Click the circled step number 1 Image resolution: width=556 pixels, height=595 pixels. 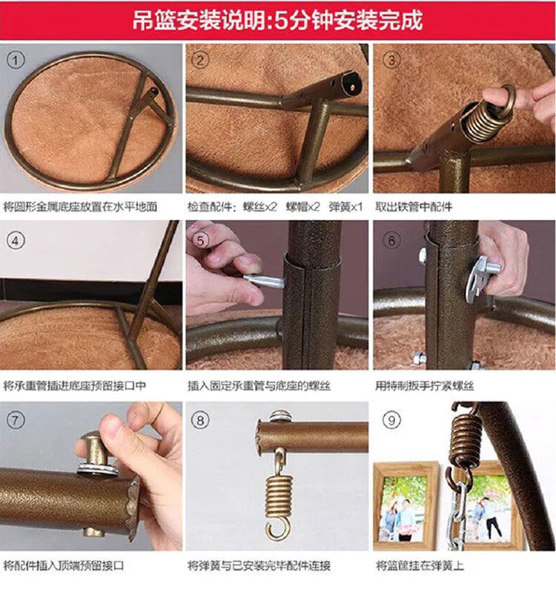coord(16,59)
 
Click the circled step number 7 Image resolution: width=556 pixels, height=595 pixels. coord(16,419)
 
